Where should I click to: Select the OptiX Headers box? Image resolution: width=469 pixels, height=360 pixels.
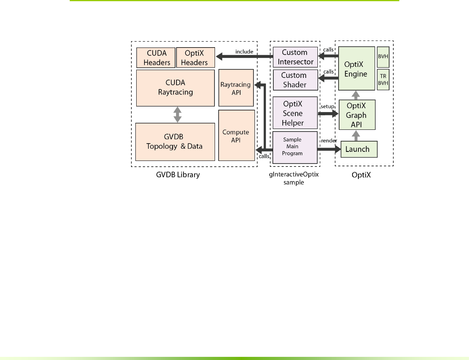pyautogui.click(x=195, y=57)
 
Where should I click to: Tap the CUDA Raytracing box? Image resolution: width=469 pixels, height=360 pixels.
pyautogui.click(x=174, y=88)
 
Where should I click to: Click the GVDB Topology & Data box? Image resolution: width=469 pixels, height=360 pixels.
pyautogui.click(x=174, y=142)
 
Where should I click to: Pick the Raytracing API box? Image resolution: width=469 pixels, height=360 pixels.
pyautogui.click(x=236, y=88)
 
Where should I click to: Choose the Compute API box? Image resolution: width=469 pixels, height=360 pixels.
pyautogui.click(x=236, y=136)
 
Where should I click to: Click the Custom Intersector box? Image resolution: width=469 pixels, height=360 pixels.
pyautogui.click(x=295, y=57)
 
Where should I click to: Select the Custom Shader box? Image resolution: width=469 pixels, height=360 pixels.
pyautogui.click(x=295, y=79)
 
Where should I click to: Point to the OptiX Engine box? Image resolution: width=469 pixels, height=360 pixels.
pyautogui.click(x=356, y=68)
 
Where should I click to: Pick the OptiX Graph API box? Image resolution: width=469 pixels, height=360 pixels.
pyautogui.click(x=356, y=115)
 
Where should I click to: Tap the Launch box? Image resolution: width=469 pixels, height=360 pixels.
pyautogui.click(x=358, y=149)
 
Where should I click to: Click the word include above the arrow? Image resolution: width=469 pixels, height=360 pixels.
pyautogui.click(x=244, y=52)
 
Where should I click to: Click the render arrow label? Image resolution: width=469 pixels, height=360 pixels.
pyautogui.click(x=328, y=140)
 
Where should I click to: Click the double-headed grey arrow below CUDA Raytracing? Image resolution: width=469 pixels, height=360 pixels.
pyautogui.click(x=177, y=114)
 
